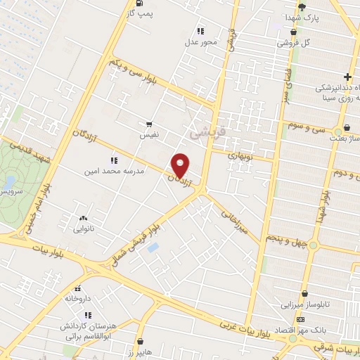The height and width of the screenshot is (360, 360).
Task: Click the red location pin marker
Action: (x=181, y=166)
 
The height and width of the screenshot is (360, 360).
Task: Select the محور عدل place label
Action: (x=202, y=41)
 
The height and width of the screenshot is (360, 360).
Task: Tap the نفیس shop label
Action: (x=148, y=132)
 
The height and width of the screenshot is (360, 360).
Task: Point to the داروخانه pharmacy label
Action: (x=77, y=298)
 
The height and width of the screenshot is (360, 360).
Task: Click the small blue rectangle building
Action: (x=153, y=247)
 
